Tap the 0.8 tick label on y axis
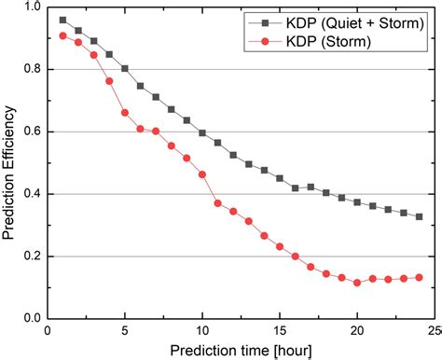click(x=30, y=69)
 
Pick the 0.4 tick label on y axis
click(x=30, y=194)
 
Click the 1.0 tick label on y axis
click(x=30, y=7)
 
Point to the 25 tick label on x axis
click(x=434, y=330)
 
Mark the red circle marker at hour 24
click(x=419, y=277)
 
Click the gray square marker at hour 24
click(x=419, y=216)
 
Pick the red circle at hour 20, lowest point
click(x=357, y=282)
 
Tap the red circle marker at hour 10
click(x=202, y=174)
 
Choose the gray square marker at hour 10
click(x=202, y=132)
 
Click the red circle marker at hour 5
click(x=125, y=113)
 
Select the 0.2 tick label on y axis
click(x=30, y=256)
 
